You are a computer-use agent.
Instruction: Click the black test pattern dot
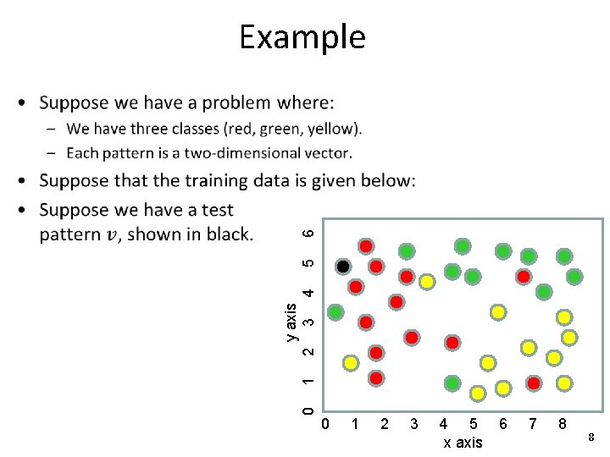pos(343,267)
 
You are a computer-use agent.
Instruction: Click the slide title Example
pos(302,37)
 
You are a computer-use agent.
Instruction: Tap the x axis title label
pos(463,443)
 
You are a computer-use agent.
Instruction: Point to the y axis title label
pos(291,322)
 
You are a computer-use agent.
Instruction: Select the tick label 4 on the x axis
pos(444,423)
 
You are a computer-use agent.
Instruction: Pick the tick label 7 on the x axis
pos(532,423)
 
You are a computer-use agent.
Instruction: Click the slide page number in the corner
pos(591,438)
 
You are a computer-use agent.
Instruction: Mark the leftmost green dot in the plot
pos(336,312)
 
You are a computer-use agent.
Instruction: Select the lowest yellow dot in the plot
pos(479,394)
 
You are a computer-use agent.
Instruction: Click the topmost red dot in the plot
pos(366,246)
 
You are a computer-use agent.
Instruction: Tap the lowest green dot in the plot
pos(452,383)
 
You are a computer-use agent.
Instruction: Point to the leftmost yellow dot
pos(351,363)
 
